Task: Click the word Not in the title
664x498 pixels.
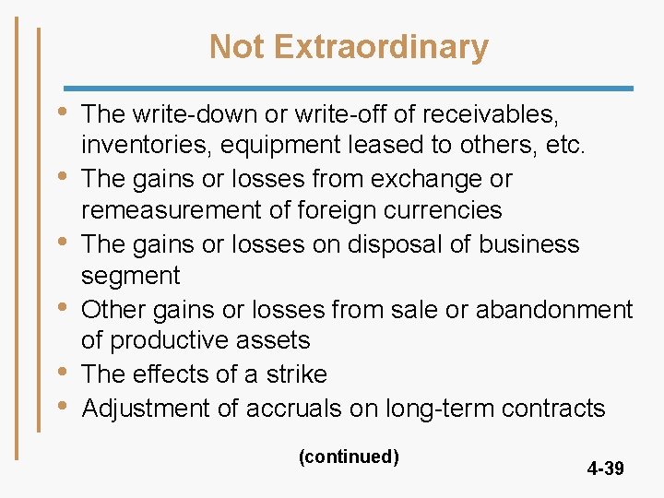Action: tap(235, 46)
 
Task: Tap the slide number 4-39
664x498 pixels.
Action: tap(605, 468)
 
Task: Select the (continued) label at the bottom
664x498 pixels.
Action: tap(349, 456)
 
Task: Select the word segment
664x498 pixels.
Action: tap(130, 276)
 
